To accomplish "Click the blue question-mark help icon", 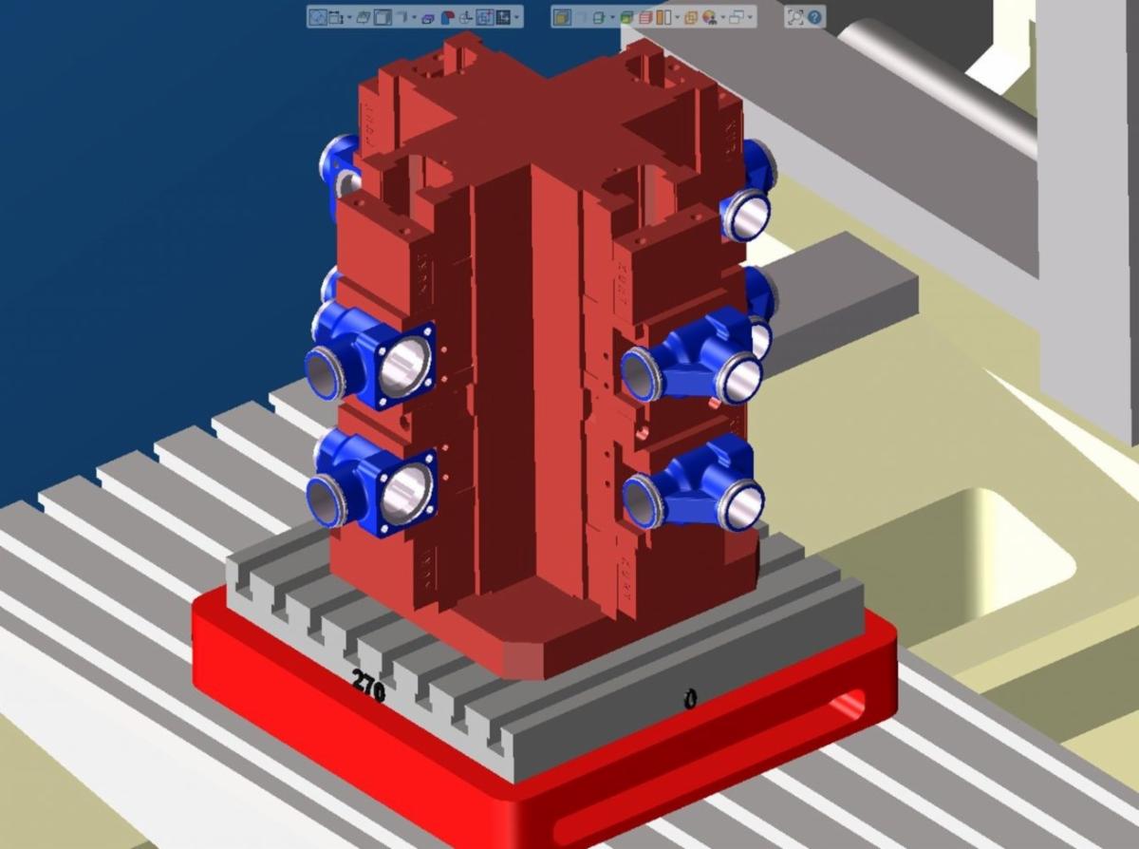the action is pos(815,17).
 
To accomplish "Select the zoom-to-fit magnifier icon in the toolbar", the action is pos(795,17).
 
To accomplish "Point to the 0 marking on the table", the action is pos(691,700).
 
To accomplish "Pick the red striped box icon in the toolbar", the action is pos(646,18).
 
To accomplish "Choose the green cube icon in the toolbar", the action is pos(626,18).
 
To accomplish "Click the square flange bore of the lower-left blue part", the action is pos(406,494).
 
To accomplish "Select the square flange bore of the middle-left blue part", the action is pos(405,366).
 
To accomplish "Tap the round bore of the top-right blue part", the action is pos(751,215).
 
